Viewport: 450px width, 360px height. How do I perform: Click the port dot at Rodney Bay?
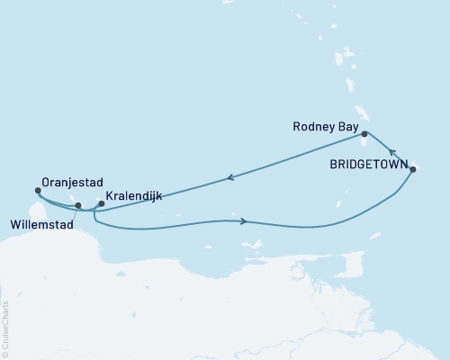coord(364,134)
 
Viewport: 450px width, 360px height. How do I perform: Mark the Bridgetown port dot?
coord(412,169)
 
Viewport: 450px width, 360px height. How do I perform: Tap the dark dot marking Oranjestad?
coord(37,190)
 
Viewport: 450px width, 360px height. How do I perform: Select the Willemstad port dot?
coord(78,205)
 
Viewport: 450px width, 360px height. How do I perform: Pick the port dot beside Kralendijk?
coord(101,203)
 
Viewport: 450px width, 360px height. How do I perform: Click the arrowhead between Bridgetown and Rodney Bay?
coord(392,152)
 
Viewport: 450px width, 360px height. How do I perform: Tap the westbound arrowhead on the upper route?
coord(231,177)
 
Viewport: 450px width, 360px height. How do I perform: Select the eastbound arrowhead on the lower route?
coord(244,220)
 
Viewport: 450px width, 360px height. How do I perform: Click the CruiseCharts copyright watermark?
coord(5,328)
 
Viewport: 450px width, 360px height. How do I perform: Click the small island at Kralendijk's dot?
coord(102,207)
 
